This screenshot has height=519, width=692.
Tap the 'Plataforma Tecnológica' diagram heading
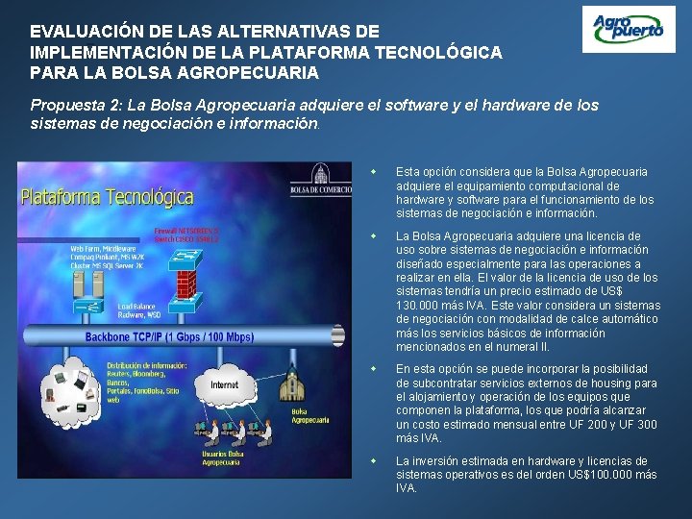tap(107, 198)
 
